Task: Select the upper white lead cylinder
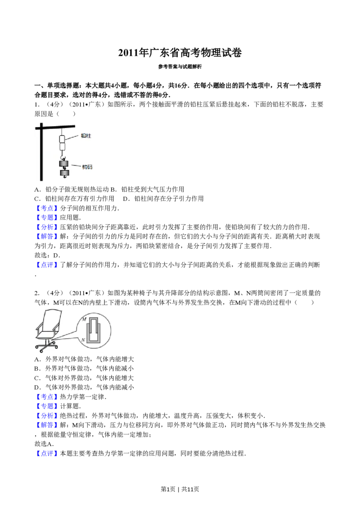pos(63,138)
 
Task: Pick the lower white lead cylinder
pos(63,147)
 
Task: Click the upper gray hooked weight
pos(65,164)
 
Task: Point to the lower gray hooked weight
pos(65,173)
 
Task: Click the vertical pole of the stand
pos(41,155)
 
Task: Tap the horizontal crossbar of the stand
pos(56,126)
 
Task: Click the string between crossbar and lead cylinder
pos(62,131)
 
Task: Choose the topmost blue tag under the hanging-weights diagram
pos(47,208)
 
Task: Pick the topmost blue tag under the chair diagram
pos(47,397)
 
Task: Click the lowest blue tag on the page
pos(47,454)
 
